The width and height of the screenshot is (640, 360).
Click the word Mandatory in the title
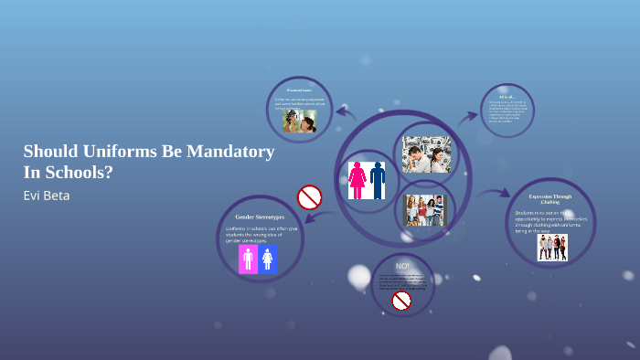click(x=229, y=152)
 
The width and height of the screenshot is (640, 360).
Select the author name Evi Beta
click(x=46, y=196)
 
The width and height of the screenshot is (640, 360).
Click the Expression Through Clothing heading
click(x=550, y=198)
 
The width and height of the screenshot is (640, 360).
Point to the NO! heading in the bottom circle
click(x=402, y=265)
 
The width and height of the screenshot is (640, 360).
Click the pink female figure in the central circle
click(x=357, y=179)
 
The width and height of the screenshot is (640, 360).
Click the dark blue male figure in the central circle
click(x=378, y=179)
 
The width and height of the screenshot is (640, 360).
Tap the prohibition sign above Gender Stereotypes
click(x=310, y=196)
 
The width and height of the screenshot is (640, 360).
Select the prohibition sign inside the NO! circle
click(x=401, y=300)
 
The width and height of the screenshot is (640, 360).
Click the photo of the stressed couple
click(x=426, y=155)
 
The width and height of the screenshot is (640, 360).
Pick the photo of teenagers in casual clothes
click(x=423, y=209)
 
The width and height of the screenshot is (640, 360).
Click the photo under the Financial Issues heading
click(x=300, y=122)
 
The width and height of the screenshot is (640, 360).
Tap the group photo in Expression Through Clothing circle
click(x=552, y=248)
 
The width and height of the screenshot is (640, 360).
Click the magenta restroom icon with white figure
click(x=248, y=259)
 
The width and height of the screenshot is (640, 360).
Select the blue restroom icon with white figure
click(x=268, y=259)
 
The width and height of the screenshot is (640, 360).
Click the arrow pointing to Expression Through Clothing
click(x=498, y=194)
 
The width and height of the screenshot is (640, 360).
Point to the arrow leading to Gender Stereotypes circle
click(x=319, y=218)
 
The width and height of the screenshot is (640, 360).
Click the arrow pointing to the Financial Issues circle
click(x=345, y=112)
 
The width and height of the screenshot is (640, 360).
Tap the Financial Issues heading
click(x=300, y=90)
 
